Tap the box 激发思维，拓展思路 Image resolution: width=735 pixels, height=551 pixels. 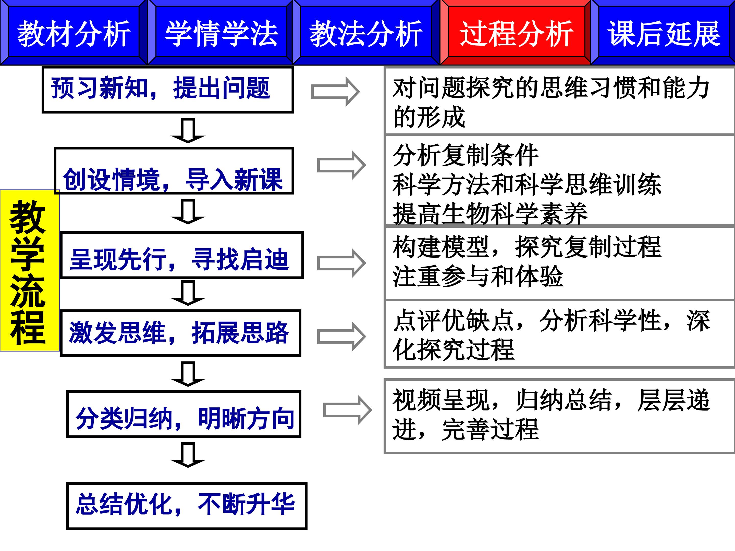click(180, 333)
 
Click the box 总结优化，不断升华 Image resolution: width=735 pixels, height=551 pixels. click(186, 506)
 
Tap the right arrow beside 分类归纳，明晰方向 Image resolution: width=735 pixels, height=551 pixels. click(348, 410)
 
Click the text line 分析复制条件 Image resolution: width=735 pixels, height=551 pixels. click(465, 155)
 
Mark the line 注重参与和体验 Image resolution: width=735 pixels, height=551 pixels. click(477, 277)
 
